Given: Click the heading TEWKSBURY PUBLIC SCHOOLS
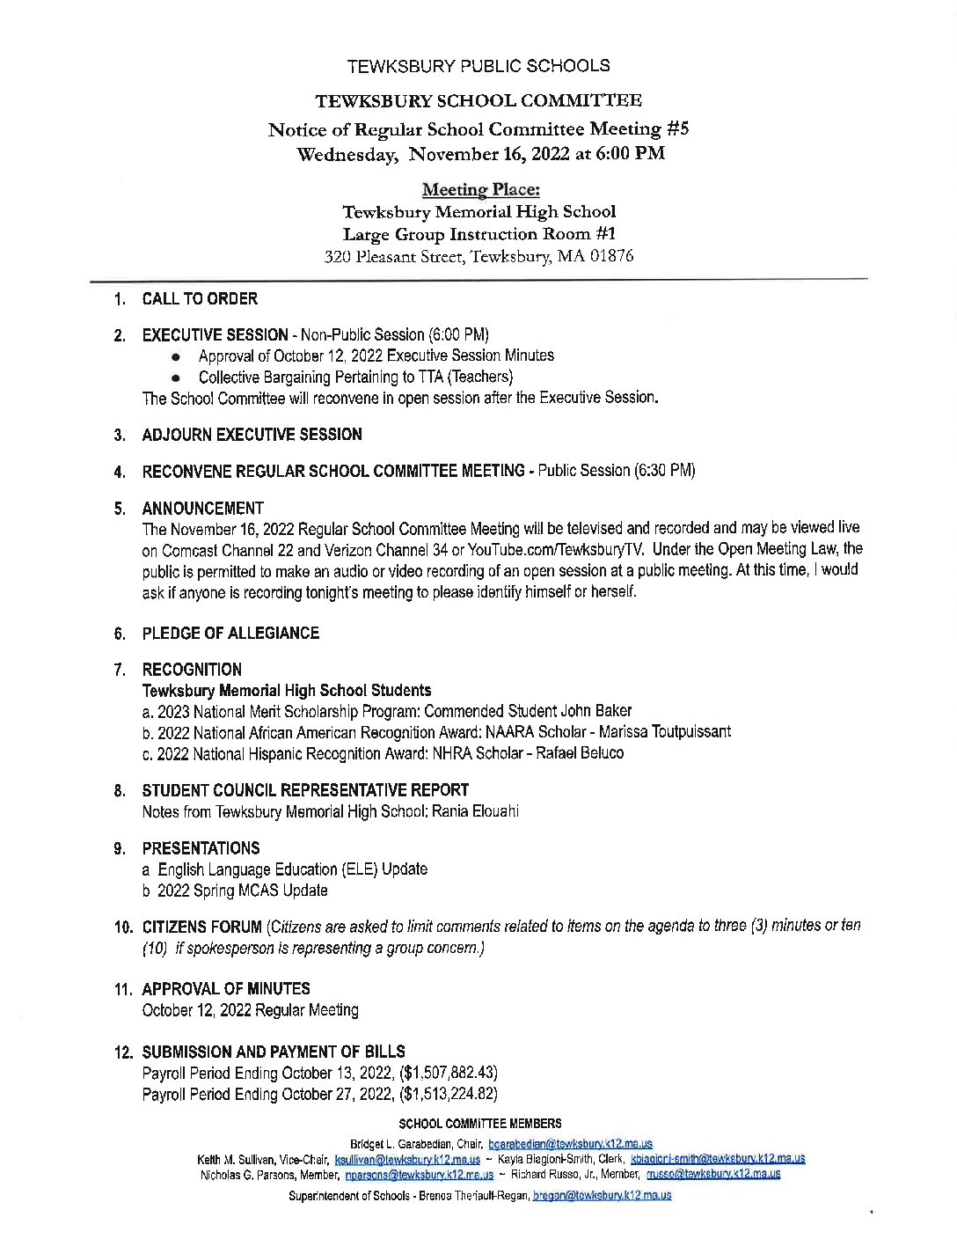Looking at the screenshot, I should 478,66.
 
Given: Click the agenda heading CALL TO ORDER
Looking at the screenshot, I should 200,299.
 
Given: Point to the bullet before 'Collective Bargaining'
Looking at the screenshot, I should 176,378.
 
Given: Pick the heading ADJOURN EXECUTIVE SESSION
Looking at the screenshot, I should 252,435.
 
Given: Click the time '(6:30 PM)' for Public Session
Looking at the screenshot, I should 664,471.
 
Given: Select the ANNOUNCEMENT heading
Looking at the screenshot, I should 202,509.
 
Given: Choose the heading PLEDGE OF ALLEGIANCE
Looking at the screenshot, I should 230,634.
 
